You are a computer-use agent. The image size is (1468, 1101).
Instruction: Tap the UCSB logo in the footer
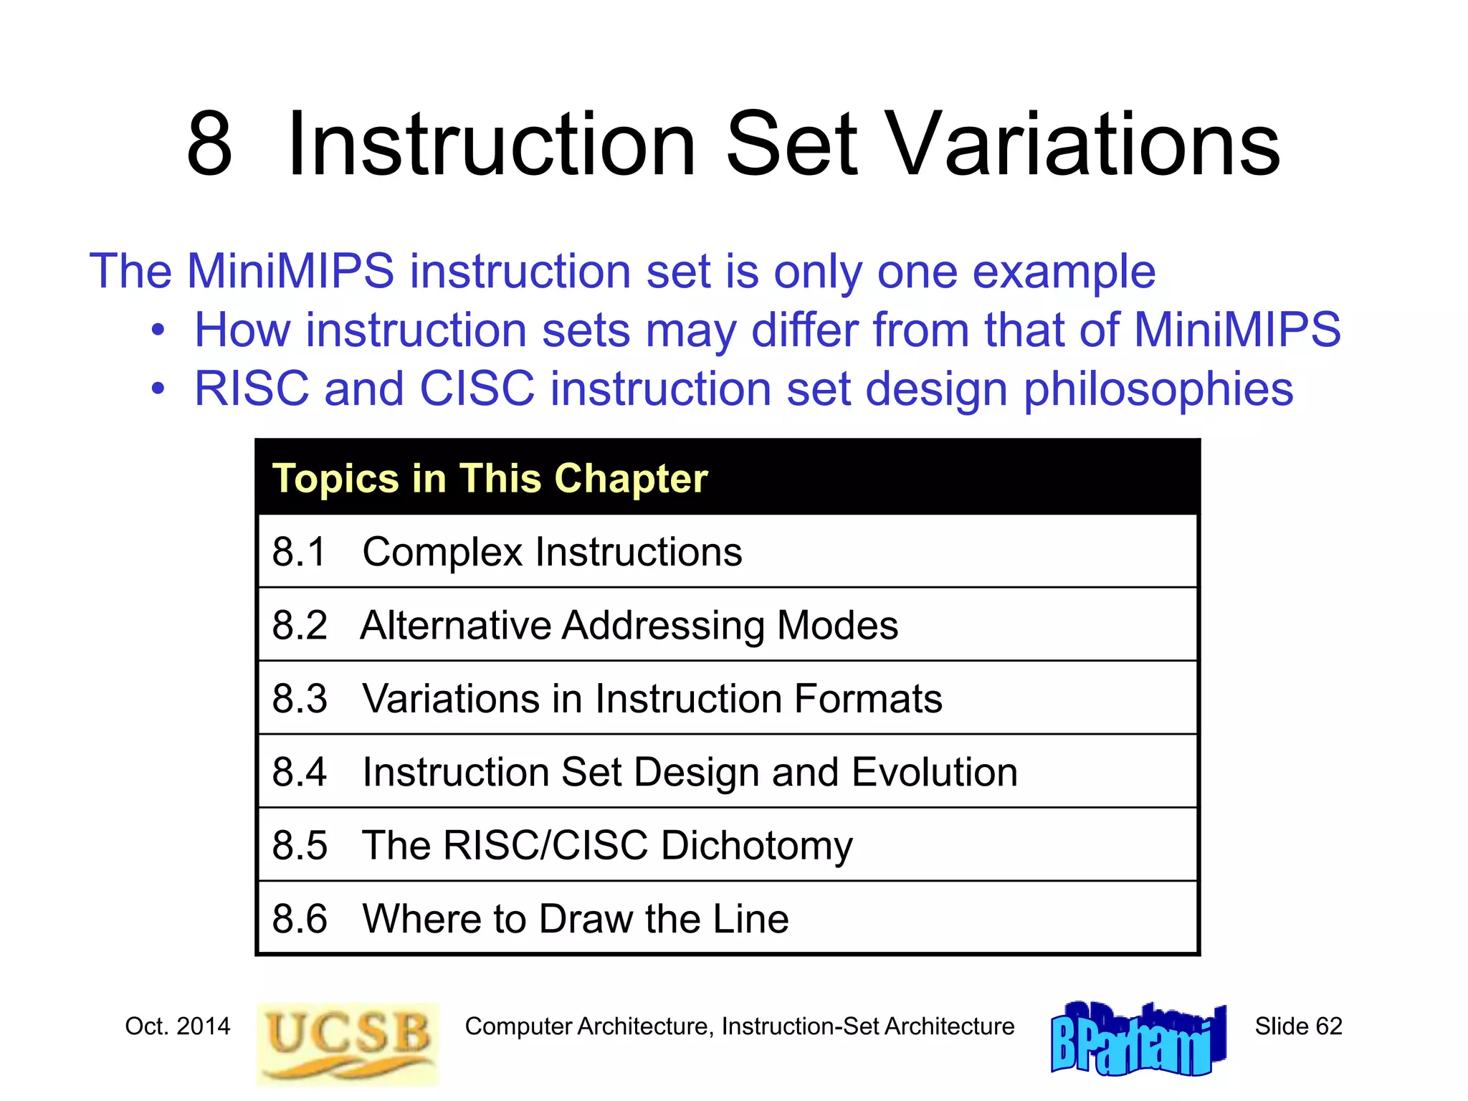point(348,1043)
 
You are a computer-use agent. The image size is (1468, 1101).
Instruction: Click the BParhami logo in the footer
point(1138,1039)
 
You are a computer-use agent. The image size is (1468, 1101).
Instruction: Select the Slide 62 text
point(1297,1026)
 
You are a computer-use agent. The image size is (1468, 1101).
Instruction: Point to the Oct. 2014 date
point(178,1026)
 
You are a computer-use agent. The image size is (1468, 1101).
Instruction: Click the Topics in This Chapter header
point(490,478)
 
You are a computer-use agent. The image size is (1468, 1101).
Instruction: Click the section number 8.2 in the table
point(300,625)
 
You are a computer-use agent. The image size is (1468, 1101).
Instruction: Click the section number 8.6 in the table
point(300,919)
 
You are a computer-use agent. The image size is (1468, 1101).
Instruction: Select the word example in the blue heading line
point(1064,272)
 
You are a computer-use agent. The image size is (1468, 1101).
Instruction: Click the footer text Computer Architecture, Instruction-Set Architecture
point(739,1026)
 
